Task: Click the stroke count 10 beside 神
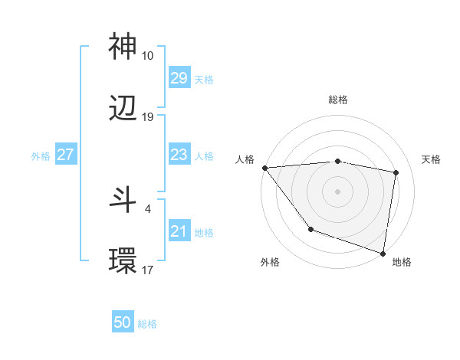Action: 147,56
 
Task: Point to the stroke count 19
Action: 147,117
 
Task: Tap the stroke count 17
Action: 147,270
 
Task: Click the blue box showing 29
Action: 179,78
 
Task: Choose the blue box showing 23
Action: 179,155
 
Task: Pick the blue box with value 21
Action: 179,231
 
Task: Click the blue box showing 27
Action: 65,155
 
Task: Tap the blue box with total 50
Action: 123,323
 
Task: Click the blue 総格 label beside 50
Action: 147,324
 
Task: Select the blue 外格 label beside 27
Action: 41,155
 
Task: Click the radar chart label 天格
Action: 431,159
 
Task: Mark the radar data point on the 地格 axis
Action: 383,253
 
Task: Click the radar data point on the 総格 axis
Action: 337,161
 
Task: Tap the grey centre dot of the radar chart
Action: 337,191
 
